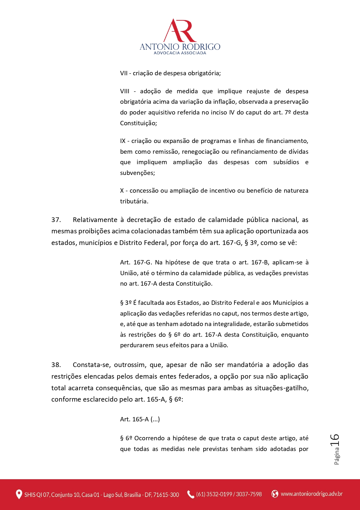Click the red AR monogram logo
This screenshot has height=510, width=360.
[180, 31]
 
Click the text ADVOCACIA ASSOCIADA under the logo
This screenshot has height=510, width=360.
[180, 53]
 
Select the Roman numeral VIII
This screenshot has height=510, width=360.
[125, 91]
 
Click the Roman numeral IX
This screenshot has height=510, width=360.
[123, 141]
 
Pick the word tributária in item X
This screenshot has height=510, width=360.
[134, 201]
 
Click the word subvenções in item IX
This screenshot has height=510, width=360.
[137, 173]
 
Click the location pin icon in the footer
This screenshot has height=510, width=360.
[19, 494]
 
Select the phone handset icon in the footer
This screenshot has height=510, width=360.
[191, 494]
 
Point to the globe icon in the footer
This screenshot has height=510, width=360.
[275, 494]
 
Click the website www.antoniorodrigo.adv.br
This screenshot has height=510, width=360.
[312, 494]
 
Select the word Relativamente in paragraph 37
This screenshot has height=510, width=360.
[95, 220]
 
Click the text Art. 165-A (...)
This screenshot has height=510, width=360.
[140, 419]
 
